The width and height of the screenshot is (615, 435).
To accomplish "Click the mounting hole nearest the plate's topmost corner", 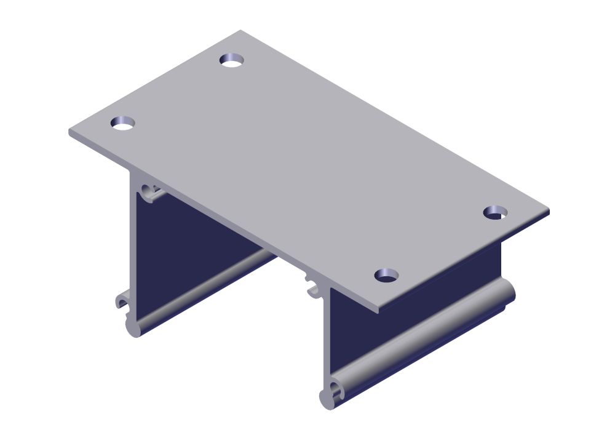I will click(232, 60).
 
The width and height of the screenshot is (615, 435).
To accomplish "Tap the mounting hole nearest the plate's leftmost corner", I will click(122, 122).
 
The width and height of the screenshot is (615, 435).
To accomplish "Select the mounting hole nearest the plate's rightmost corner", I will click(495, 212).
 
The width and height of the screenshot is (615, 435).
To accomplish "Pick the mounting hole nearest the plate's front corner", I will click(386, 275).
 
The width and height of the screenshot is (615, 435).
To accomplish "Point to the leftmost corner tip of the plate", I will click(69, 132).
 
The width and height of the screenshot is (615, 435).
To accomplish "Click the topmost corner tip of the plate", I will click(240, 31).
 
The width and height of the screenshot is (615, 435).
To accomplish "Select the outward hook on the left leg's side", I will click(121, 301).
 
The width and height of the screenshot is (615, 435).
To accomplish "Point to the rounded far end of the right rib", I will click(507, 290).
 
